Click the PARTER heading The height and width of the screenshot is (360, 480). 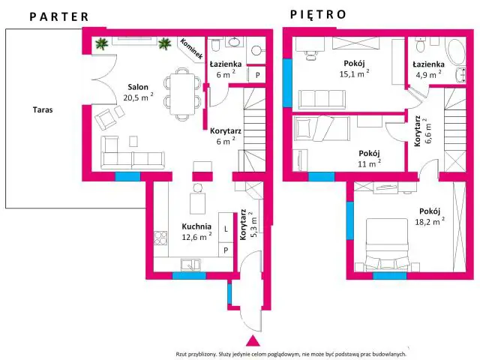coord(59,16)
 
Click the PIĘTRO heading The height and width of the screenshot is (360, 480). coord(318,14)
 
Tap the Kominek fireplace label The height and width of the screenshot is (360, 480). coord(192,49)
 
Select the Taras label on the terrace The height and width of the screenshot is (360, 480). coord(43,109)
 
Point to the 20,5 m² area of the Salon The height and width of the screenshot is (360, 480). coord(138,97)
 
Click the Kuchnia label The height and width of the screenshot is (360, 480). coord(196,226)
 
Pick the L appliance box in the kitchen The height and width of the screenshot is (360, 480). coord(226,229)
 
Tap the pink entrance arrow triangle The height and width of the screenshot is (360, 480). coord(253,341)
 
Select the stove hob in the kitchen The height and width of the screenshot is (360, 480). coord(160,238)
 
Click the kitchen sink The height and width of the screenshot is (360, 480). coord(190,265)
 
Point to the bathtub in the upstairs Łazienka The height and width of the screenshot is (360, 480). coord(457,52)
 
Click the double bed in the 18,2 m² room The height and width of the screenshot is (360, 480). coord(388,244)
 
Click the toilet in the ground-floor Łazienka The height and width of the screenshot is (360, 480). coord(215,45)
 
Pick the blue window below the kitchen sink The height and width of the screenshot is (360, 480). coord(189,275)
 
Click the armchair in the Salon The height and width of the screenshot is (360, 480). coord(106,118)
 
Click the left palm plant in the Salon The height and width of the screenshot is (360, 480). coord(102,43)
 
